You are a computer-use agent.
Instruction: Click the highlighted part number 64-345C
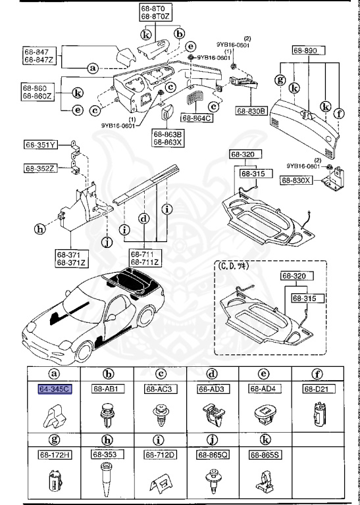click(55, 389)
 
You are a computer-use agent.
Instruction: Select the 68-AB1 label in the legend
click(106, 389)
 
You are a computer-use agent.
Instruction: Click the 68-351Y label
click(41, 145)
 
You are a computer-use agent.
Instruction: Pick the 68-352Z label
click(41, 168)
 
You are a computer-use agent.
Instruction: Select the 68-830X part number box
click(297, 180)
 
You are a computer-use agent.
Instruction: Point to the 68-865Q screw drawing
click(213, 479)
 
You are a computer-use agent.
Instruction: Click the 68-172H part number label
click(55, 454)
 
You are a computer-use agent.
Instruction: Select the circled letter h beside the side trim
click(40, 229)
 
